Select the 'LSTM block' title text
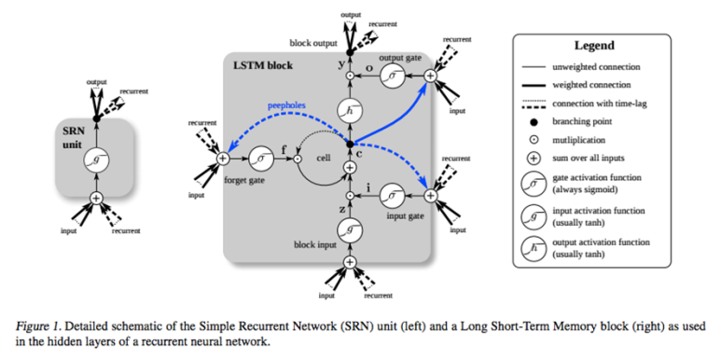[x=260, y=66]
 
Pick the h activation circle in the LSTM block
[x=350, y=111]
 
